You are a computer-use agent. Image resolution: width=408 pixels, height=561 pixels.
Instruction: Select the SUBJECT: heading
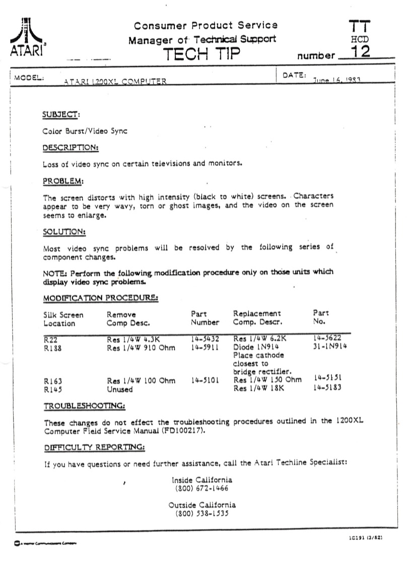coord(61,115)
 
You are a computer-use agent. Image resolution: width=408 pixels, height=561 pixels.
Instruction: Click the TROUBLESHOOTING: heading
coord(84,405)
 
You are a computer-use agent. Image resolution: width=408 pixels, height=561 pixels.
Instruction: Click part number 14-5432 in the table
coord(205,339)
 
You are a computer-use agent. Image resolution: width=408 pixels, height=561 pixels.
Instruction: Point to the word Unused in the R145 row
coord(119,389)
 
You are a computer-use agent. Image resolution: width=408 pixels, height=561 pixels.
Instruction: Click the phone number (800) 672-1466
coord(202,488)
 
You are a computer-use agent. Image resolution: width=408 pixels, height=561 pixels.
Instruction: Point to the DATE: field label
coord(295,75)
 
